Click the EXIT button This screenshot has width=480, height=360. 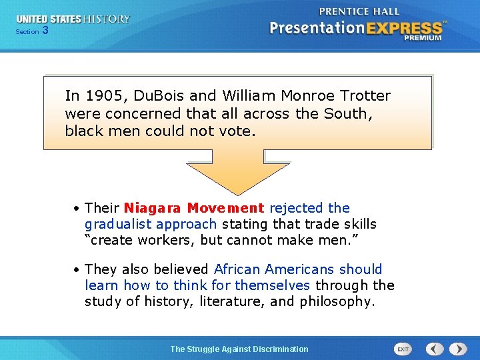tap(403, 349)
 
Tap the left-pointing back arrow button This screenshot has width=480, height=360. tap(435, 349)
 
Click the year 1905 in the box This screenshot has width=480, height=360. tap(102, 96)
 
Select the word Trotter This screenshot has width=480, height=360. tap(365, 96)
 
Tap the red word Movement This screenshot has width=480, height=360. tap(225, 208)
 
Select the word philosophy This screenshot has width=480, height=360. tap(337, 301)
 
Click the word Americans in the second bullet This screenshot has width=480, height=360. tap(300, 269)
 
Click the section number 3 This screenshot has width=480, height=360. tap(45, 31)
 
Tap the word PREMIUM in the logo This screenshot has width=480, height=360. tap(422, 38)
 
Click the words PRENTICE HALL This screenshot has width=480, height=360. tap(359, 11)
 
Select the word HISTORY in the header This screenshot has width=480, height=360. tap(107, 19)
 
